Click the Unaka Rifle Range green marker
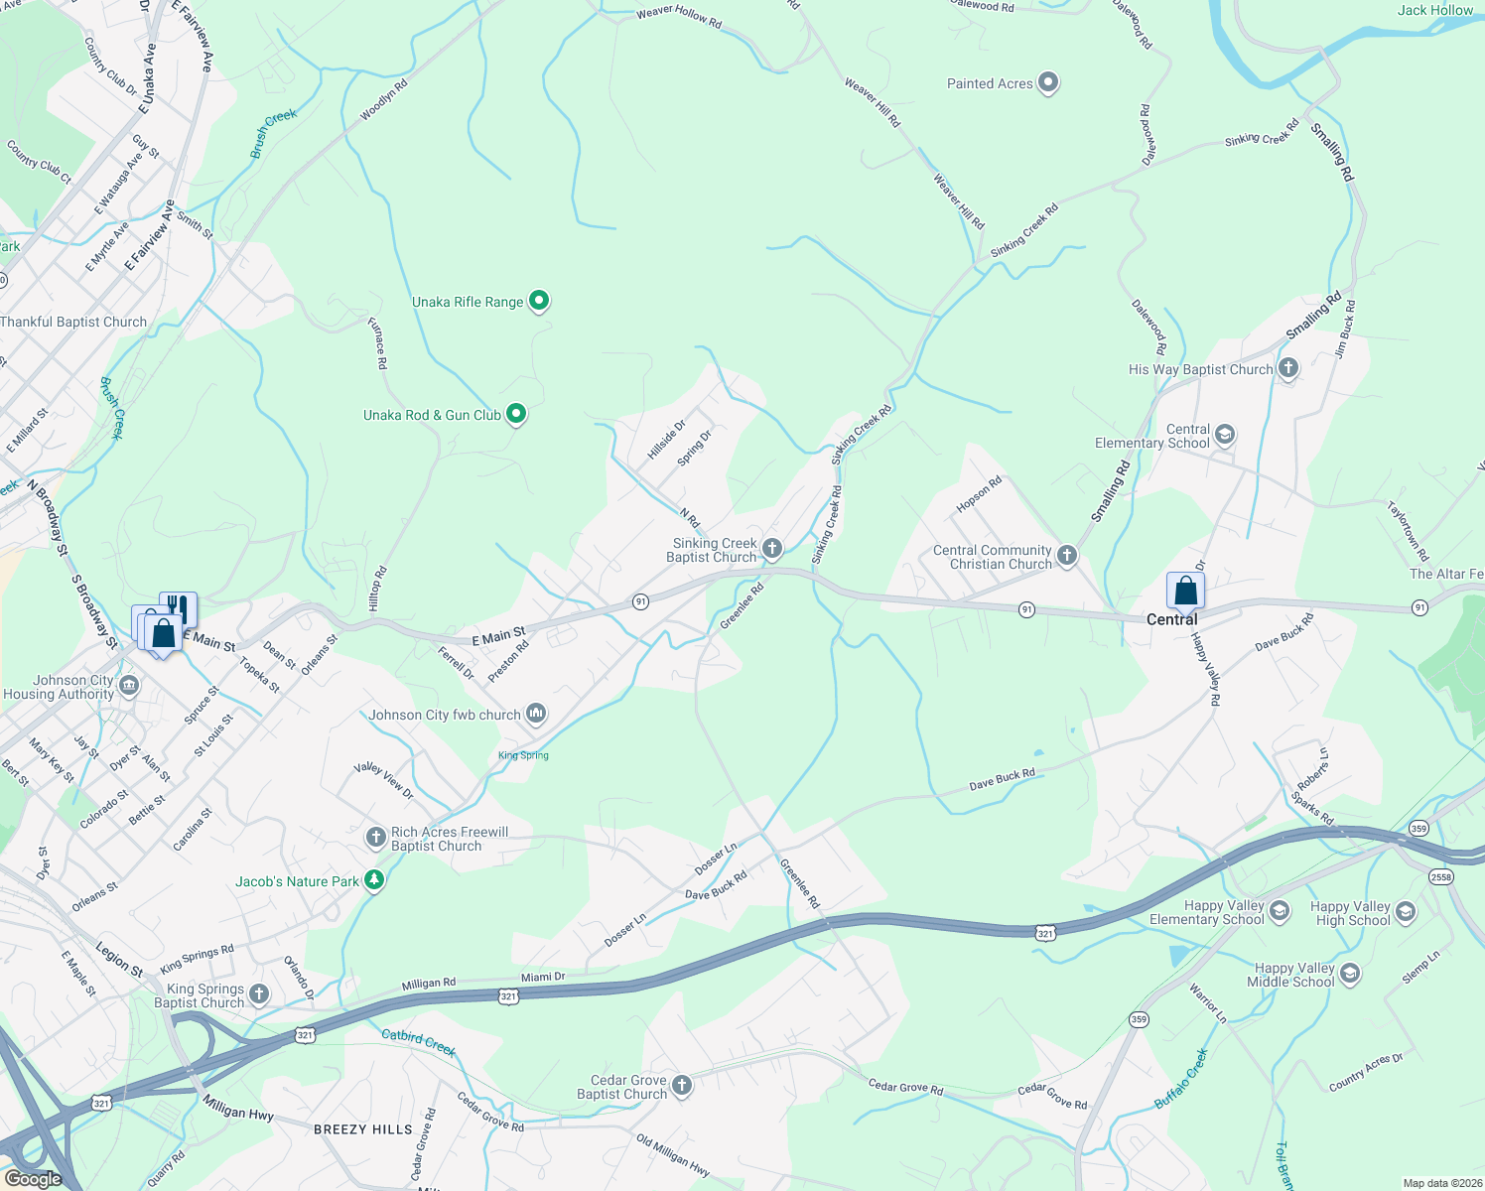tap(539, 301)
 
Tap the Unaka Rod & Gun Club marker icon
tap(516, 414)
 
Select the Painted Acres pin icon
tap(1048, 82)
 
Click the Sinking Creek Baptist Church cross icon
tap(772, 548)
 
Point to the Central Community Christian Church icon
tap(1067, 555)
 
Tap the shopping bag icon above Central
tap(1185, 592)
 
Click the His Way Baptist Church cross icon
tap(1288, 368)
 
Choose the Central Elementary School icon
tap(1225, 435)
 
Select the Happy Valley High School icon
tap(1406, 911)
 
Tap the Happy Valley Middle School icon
tap(1350, 974)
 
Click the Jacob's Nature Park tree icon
tap(374, 880)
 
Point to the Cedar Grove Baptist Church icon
tap(682, 1085)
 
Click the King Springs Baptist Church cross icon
tap(259, 993)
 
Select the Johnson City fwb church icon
tap(536, 714)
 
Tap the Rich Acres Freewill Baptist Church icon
tap(375, 838)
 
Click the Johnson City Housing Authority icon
tap(129, 686)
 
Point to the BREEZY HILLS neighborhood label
tap(362, 1129)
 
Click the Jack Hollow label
tap(1435, 10)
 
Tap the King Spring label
tap(523, 755)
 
